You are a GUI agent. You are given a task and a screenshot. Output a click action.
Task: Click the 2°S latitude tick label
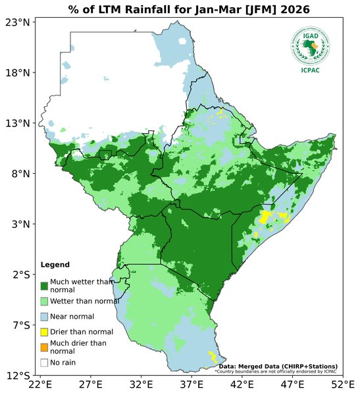click(18, 275)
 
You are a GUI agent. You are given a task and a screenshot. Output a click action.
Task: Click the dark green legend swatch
click(44, 286)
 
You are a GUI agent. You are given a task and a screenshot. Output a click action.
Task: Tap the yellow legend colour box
click(44, 332)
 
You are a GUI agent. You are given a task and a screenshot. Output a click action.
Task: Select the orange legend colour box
click(44, 347)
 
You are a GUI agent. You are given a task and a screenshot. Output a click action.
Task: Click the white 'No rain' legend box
click(44, 362)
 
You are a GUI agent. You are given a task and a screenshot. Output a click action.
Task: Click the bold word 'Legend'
click(55, 265)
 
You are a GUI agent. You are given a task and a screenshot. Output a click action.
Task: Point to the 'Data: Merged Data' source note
click(278, 366)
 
